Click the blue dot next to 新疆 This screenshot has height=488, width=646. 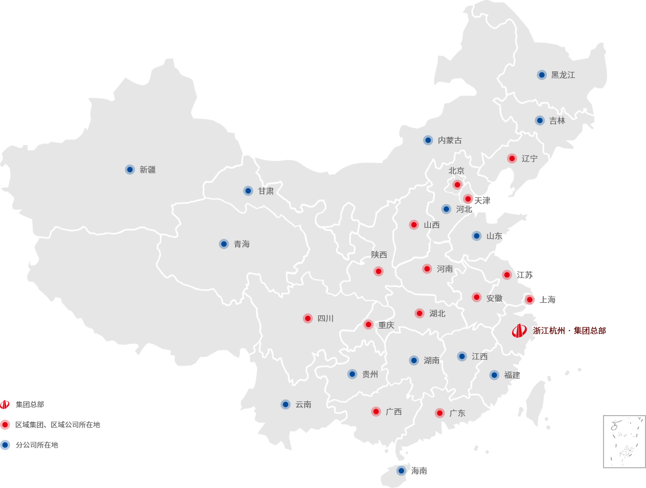(x=130, y=170)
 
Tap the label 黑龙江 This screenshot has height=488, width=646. (x=563, y=75)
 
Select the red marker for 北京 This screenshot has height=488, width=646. (x=457, y=185)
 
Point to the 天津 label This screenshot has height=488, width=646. (x=482, y=200)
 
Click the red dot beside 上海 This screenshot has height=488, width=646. (x=530, y=300)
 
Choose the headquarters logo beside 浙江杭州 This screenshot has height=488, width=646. (x=519, y=331)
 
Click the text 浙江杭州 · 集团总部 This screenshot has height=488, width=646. (x=569, y=331)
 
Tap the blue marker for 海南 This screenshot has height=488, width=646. (x=401, y=471)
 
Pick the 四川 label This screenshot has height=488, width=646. (x=325, y=318)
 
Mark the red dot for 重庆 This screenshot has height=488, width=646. (x=368, y=324)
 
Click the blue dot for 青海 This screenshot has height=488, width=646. (x=224, y=244)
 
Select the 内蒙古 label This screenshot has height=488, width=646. (x=449, y=140)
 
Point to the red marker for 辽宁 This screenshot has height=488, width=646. (x=512, y=158)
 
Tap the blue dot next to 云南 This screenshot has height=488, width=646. (x=286, y=404)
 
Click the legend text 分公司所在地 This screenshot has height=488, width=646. (x=37, y=445)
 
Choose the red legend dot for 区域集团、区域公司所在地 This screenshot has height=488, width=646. (x=5, y=425)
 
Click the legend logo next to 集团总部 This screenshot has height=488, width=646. (x=5, y=404)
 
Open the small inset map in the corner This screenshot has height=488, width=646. (x=624, y=441)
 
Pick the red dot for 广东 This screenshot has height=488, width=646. (x=440, y=413)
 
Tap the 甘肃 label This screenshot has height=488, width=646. (x=265, y=191)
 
